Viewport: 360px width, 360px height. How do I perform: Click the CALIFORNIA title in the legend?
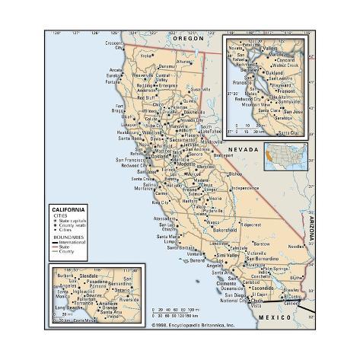pyautogui.click(x=68, y=208)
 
